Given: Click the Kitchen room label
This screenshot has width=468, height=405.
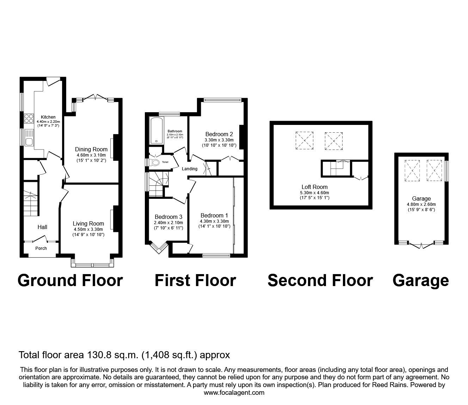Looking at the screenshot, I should point(48,117).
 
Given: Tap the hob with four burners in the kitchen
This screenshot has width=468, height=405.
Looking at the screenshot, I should point(29,119).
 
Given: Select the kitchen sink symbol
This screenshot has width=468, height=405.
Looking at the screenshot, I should point(29,138).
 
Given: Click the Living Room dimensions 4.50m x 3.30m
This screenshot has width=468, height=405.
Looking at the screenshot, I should point(88,229).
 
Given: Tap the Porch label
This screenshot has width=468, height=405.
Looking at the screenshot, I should point(41,248).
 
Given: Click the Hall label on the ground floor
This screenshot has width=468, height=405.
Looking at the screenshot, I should point(43,227).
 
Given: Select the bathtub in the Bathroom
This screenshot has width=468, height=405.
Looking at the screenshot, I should point(155,131).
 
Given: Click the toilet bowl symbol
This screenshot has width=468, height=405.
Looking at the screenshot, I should point(155,162).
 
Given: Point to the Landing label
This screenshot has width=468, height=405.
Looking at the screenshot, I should point(190,169).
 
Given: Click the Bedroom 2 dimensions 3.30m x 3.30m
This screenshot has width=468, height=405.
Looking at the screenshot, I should point(219,140).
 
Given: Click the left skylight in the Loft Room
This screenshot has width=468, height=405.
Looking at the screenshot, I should point(304,140).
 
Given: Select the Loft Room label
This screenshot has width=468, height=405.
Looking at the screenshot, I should point(314,187).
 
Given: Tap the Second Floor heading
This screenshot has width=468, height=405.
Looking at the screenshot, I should point(320,280).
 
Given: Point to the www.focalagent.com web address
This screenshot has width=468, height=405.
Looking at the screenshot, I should point(234,393).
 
